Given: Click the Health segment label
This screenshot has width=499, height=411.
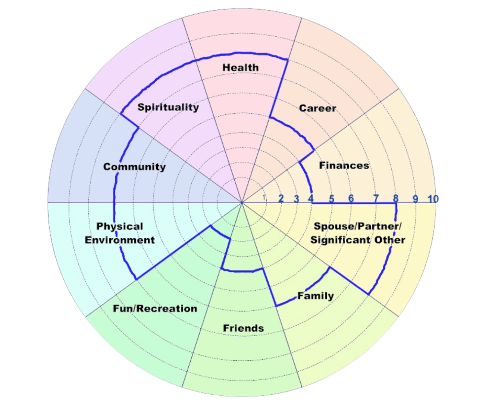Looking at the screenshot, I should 241,67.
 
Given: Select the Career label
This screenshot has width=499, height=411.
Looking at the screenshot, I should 317,108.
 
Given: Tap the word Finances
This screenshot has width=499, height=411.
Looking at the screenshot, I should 344,165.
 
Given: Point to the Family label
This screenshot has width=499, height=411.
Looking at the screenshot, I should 315,296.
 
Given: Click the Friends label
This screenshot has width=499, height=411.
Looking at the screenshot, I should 243,328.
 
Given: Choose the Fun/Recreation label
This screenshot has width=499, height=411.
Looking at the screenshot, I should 155,309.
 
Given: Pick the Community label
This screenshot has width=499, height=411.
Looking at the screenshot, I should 134,167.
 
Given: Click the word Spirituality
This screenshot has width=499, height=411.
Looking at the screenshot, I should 168,107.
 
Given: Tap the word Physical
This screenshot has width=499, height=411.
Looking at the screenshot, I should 120,227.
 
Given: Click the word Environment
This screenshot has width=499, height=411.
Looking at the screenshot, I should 120,240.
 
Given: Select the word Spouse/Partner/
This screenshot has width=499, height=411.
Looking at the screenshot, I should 357,226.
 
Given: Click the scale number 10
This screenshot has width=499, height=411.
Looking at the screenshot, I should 433,199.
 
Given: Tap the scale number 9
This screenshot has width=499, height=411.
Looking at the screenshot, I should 416,199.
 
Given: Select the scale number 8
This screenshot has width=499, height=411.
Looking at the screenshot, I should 396,198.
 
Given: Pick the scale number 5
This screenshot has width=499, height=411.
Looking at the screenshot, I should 331,199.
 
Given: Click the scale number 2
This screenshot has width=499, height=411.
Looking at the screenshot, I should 281,199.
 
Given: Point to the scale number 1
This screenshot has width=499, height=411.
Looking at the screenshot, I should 264,197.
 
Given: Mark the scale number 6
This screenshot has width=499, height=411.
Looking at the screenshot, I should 351,199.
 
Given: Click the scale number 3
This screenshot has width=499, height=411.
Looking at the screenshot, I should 296,199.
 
